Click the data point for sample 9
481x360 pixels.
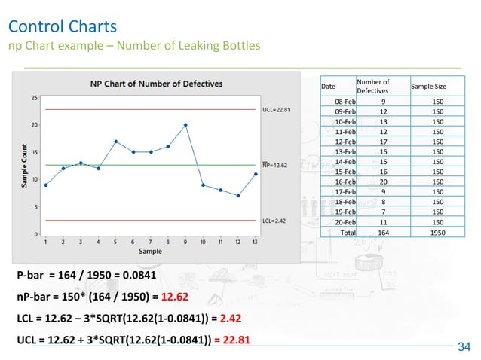click(185, 125)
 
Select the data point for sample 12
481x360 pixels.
click(237, 196)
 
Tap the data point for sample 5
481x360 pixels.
click(115, 141)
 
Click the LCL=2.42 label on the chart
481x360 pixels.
click(274, 221)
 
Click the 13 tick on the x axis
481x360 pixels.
click(255, 243)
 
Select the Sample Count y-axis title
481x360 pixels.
click(25, 166)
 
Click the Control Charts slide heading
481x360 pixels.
click(62, 27)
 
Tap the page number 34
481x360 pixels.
click(464, 346)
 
